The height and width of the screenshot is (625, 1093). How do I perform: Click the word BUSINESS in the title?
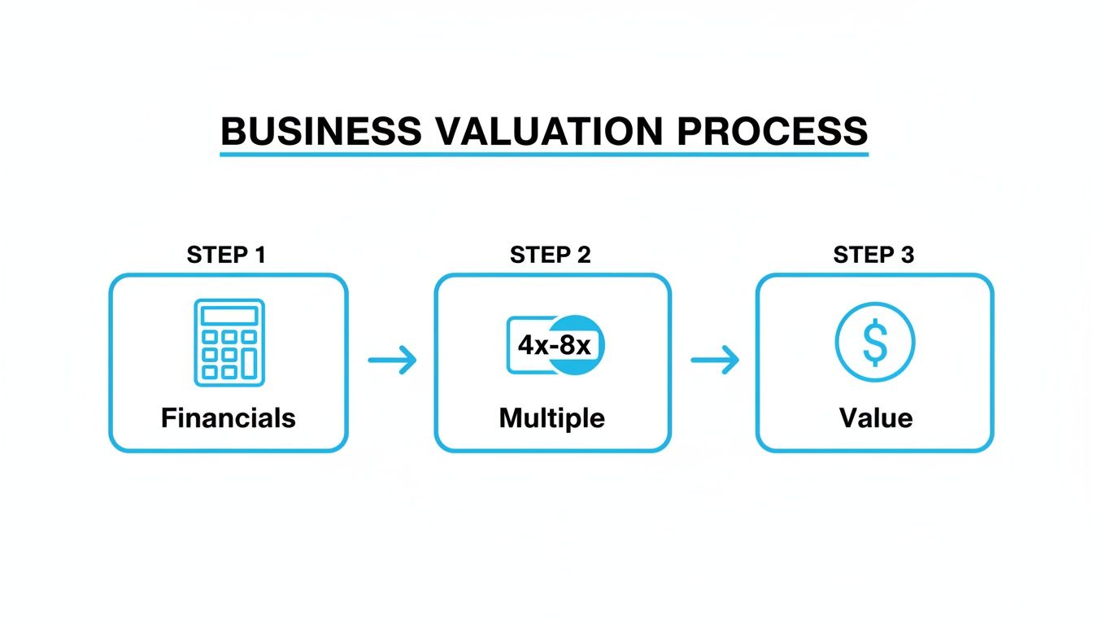click(320, 131)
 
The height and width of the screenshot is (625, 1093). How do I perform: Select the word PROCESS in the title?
click(774, 131)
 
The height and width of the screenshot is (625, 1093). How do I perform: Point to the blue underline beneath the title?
click(544, 153)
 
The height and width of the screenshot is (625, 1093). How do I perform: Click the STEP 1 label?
click(226, 255)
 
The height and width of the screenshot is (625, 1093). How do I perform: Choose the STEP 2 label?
click(551, 255)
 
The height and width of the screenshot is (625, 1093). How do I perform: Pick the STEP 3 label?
click(873, 255)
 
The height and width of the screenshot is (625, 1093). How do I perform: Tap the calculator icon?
click(229, 342)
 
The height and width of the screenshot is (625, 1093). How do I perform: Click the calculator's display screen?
click(229, 315)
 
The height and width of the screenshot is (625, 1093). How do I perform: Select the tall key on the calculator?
click(250, 362)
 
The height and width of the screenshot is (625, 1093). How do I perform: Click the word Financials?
click(229, 418)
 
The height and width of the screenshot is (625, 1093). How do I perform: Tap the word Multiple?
click(552, 418)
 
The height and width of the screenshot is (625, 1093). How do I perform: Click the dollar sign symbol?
click(875, 343)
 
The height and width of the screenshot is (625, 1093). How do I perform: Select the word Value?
click(875, 418)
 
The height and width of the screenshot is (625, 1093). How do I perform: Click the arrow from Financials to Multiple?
click(392, 359)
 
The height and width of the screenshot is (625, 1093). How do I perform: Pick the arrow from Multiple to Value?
click(715, 359)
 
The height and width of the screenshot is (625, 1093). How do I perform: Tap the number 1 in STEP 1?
click(259, 255)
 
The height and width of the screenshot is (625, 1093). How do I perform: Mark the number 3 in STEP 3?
click(908, 255)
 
